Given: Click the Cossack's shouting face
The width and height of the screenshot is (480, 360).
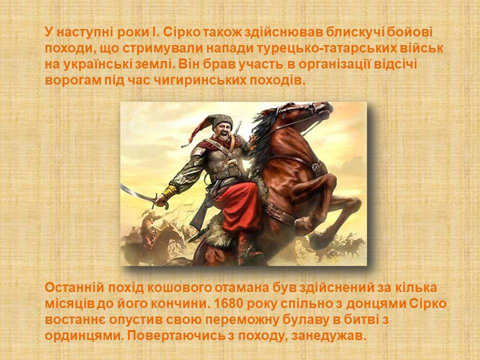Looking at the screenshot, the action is [x=223, y=132].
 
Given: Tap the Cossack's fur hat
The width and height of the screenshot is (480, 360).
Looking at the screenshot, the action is [x=220, y=120].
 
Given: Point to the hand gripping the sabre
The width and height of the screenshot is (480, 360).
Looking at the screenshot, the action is [x=161, y=200].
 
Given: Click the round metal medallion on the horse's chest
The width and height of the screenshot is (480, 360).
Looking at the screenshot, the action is [x=315, y=167].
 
